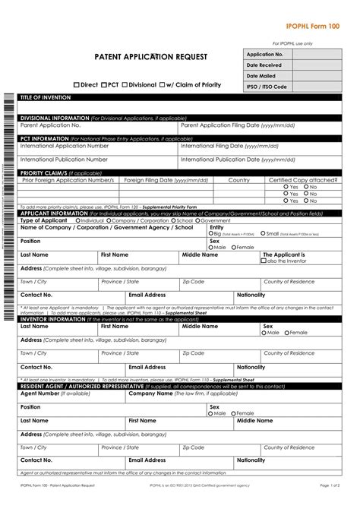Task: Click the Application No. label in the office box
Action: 265,55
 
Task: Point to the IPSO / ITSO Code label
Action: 267,87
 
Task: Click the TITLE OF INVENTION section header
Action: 45,99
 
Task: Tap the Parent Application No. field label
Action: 49,125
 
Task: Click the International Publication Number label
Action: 64,160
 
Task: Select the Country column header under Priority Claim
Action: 239,180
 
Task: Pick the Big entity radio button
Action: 211,234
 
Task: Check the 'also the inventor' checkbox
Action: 264,261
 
